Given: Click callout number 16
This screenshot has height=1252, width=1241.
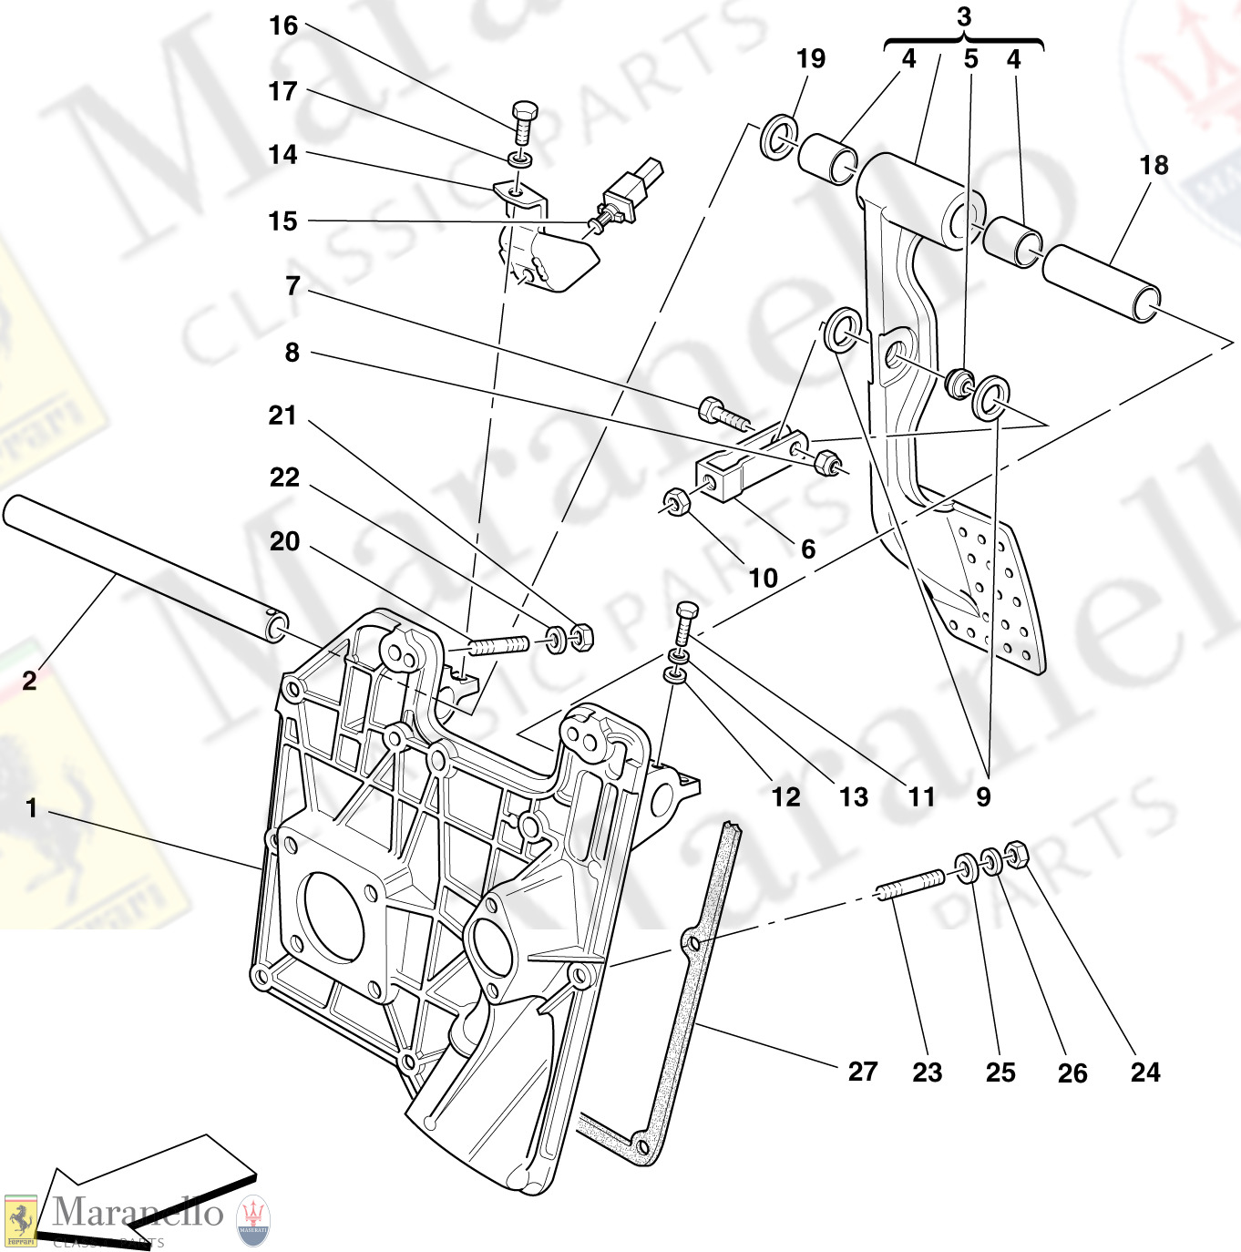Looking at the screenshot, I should [x=283, y=26].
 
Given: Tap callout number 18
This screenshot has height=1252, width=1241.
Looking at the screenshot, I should [x=1154, y=166].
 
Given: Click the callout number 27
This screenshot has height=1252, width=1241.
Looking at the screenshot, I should [x=863, y=1072].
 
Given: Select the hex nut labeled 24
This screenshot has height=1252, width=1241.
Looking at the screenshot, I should [x=1016, y=854].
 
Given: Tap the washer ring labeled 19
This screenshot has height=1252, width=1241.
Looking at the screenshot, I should [x=777, y=137].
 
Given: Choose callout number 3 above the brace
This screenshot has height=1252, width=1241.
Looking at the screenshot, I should [x=964, y=16].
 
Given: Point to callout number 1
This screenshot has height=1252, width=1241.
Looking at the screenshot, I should [x=32, y=808].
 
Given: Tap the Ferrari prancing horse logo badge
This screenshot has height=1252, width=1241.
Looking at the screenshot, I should [x=20, y=1220].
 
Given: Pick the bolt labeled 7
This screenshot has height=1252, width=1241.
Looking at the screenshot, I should [x=724, y=415].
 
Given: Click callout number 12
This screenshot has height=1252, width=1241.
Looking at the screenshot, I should [x=785, y=797].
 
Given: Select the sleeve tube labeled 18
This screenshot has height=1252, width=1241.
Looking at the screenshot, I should [x=1101, y=283].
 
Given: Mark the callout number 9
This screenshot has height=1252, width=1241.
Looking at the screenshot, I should [x=983, y=797].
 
